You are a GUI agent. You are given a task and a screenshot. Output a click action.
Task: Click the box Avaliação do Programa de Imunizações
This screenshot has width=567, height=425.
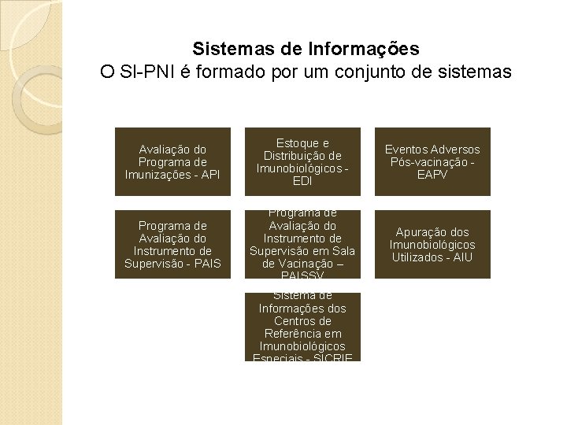pyautogui.click(x=172, y=161)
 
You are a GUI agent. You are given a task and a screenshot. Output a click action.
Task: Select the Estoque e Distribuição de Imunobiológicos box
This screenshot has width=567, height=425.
pyautogui.click(x=302, y=161)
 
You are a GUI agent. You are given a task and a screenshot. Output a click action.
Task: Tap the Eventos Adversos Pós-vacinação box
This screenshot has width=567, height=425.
pyautogui.click(x=432, y=161)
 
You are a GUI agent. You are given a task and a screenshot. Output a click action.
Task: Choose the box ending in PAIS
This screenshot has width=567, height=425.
pyautogui.click(x=172, y=244)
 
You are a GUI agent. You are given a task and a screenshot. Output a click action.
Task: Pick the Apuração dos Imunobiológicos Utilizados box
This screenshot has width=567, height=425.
pyautogui.click(x=432, y=244)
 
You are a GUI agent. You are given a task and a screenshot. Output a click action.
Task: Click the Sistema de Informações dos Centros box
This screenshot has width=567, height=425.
pyautogui.click(x=302, y=327)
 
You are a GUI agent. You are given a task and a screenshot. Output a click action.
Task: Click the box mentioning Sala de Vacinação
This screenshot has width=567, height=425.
pyautogui.click(x=302, y=244)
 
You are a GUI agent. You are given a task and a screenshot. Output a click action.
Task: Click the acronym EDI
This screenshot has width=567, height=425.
pyautogui.click(x=302, y=180)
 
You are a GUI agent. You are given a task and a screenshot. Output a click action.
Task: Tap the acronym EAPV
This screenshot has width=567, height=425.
pyautogui.click(x=432, y=174)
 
